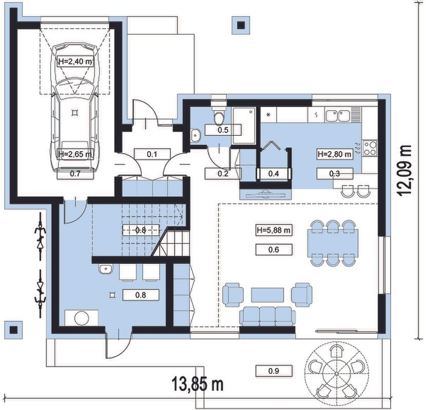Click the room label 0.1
152,154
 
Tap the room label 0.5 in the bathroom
223,130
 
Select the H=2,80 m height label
335,154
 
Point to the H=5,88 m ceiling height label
274,231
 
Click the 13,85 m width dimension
198,384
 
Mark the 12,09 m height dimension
404,170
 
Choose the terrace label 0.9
274,371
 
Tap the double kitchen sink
337,116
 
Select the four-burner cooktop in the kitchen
370,148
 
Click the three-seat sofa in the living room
267,316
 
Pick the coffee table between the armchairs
267,295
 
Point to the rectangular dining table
333,243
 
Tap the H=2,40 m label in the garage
75,61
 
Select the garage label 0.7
75,174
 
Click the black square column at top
241,25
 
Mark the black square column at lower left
13,330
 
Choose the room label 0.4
274,174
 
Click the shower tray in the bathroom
244,126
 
